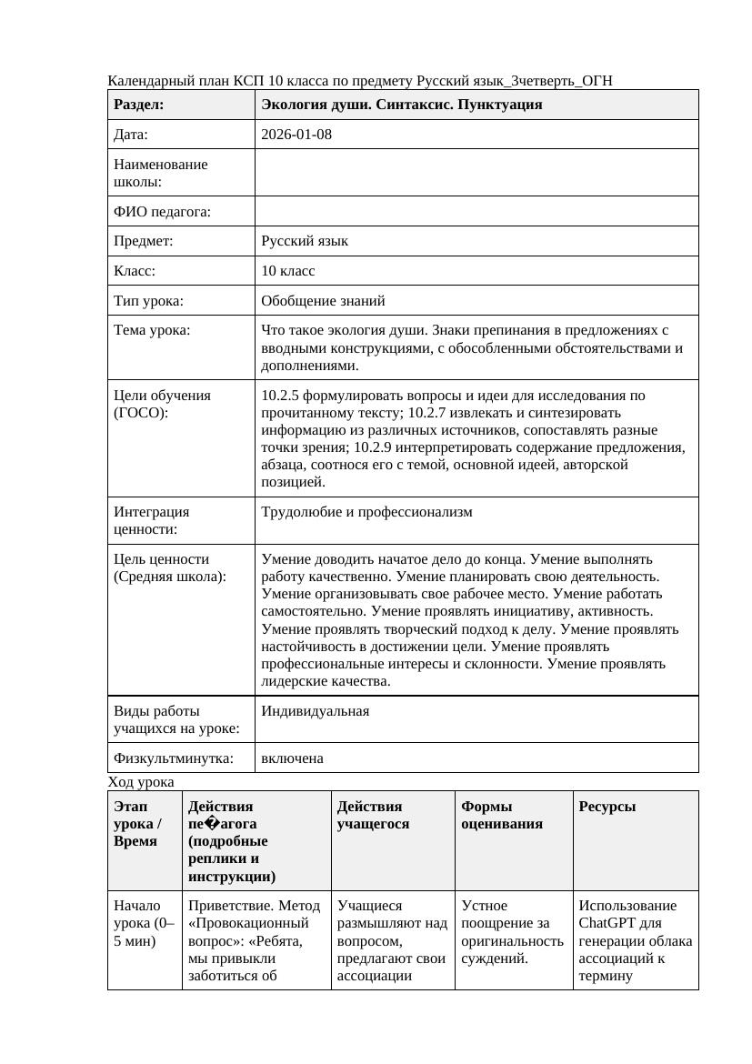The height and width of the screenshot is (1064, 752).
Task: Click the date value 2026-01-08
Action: tap(296, 135)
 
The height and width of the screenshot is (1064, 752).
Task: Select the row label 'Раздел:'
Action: tap(139, 105)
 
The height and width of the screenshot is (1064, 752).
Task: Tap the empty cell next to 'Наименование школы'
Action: tap(476, 173)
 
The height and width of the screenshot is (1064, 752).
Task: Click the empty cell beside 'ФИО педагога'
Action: tap(476, 212)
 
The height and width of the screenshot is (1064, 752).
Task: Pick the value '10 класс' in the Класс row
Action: tap(288, 271)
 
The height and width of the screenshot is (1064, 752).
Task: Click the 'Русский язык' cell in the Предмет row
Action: tap(305, 242)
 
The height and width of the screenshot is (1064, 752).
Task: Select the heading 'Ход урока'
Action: tap(141, 782)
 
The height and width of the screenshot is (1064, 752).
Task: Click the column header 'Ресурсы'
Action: tap(607, 807)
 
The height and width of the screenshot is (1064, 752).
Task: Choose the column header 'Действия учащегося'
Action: tap(373, 816)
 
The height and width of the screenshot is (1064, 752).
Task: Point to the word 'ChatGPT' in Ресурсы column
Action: tap(607, 923)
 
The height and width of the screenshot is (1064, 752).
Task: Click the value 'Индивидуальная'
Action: tap(315, 711)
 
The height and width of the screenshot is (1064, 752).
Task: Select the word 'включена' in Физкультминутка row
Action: tap(292, 758)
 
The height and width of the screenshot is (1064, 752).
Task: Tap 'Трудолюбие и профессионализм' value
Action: tap(366, 512)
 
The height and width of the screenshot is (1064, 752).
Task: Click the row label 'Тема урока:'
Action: tap(152, 331)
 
